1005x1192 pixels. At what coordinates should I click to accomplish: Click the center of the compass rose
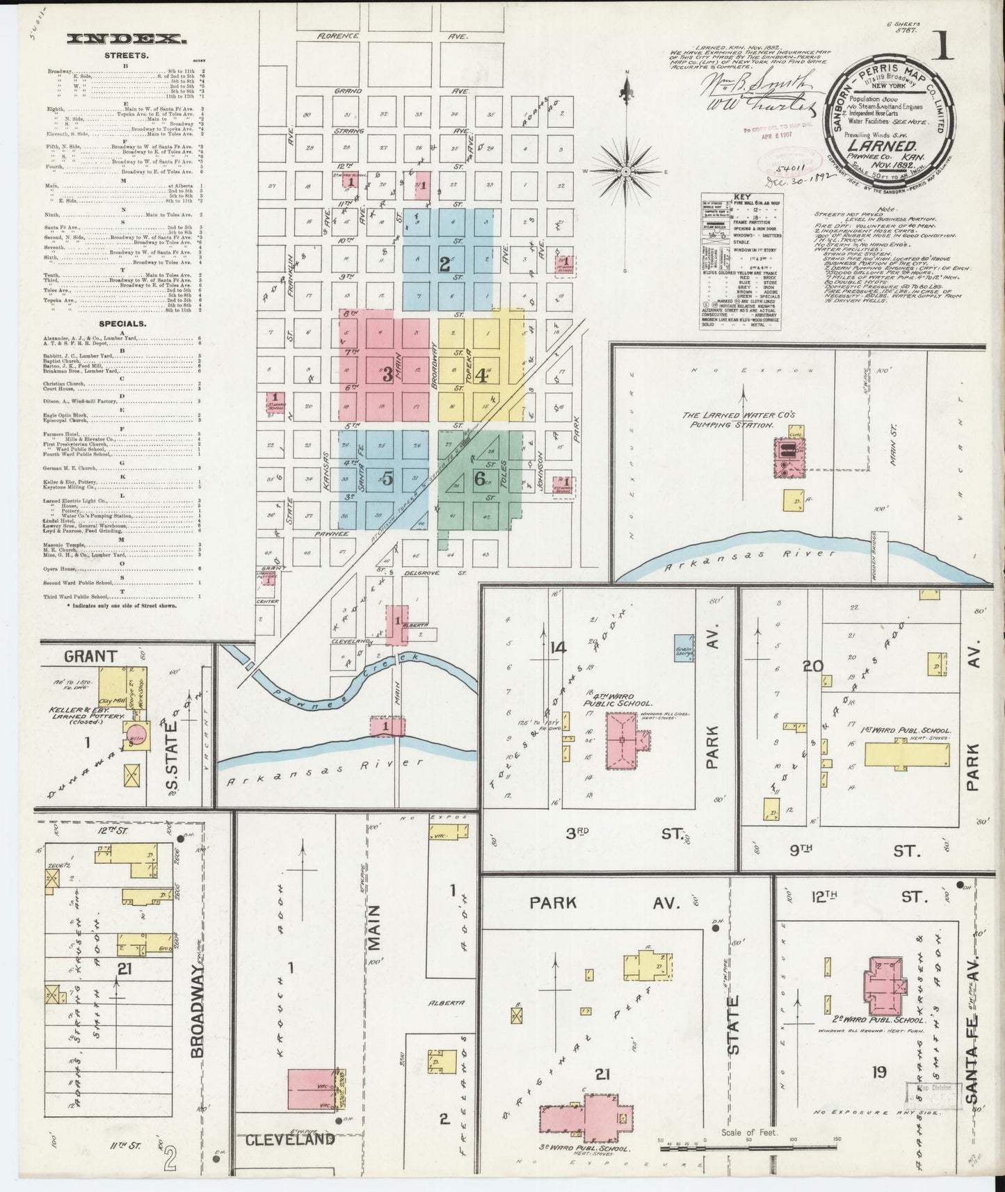click(626, 170)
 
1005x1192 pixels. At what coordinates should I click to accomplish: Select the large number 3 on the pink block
click(387, 374)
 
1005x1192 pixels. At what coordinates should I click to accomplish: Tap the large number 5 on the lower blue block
click(387, 478)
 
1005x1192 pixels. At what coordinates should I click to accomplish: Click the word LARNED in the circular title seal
click(883, 147)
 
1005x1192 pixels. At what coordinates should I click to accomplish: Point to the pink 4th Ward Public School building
click(623, 742)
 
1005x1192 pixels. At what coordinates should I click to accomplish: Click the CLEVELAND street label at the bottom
click(289, 1139)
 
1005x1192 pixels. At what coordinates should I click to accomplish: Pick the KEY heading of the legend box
click(739, 197)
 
